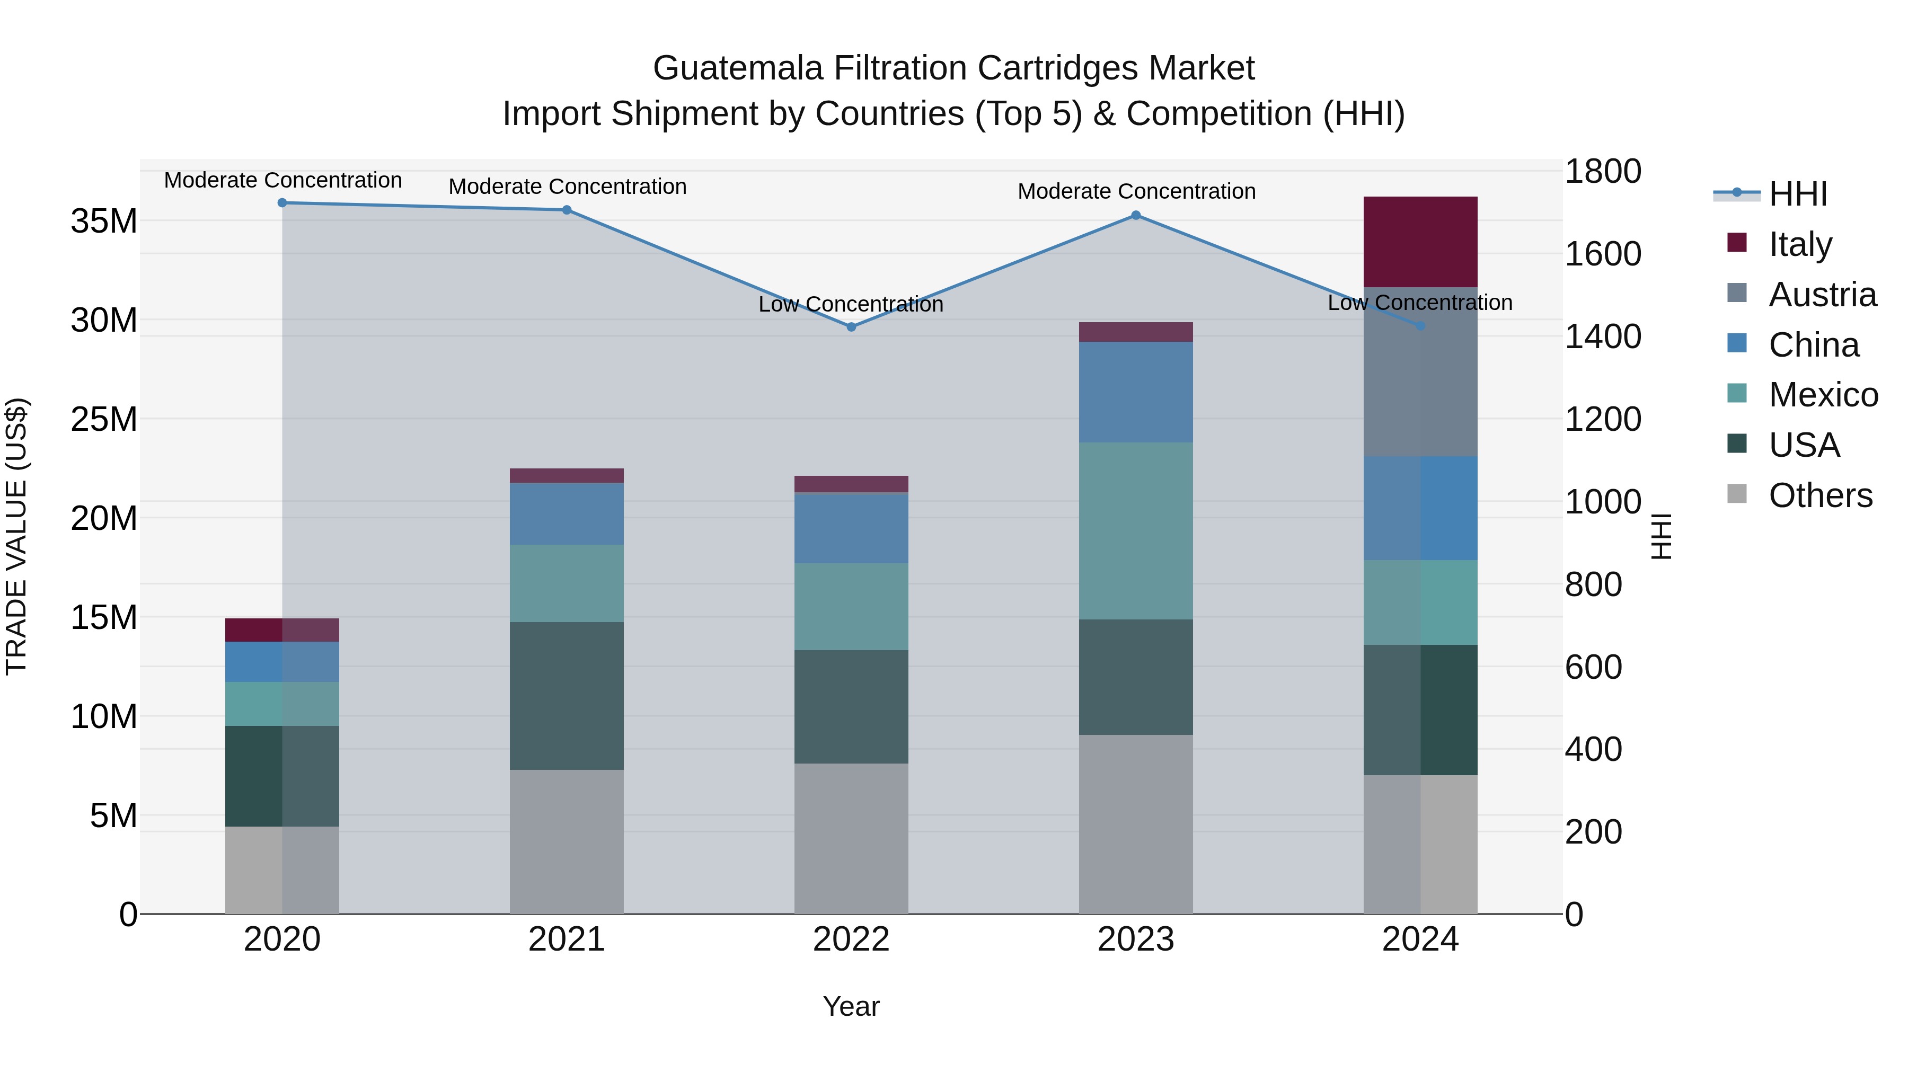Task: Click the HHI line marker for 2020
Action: (x=282, y=203)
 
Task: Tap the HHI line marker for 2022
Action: (x=851, y=326)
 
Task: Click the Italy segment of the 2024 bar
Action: (x=1420, y=242)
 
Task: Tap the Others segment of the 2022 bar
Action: (x=851, y=838)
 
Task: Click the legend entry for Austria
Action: (x=1822, y=295)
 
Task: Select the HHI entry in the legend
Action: (x=1798, y=194)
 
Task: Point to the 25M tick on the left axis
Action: (x=104, y=419)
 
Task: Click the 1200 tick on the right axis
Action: (x=1603, y=419)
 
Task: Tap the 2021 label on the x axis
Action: (x=567, y=939)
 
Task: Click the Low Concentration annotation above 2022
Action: (x=851, y=304)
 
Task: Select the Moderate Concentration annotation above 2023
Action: (x=1136, y=191)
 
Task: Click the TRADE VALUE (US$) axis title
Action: (x=16, y=536)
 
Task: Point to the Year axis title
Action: (x=851, y=1006)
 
